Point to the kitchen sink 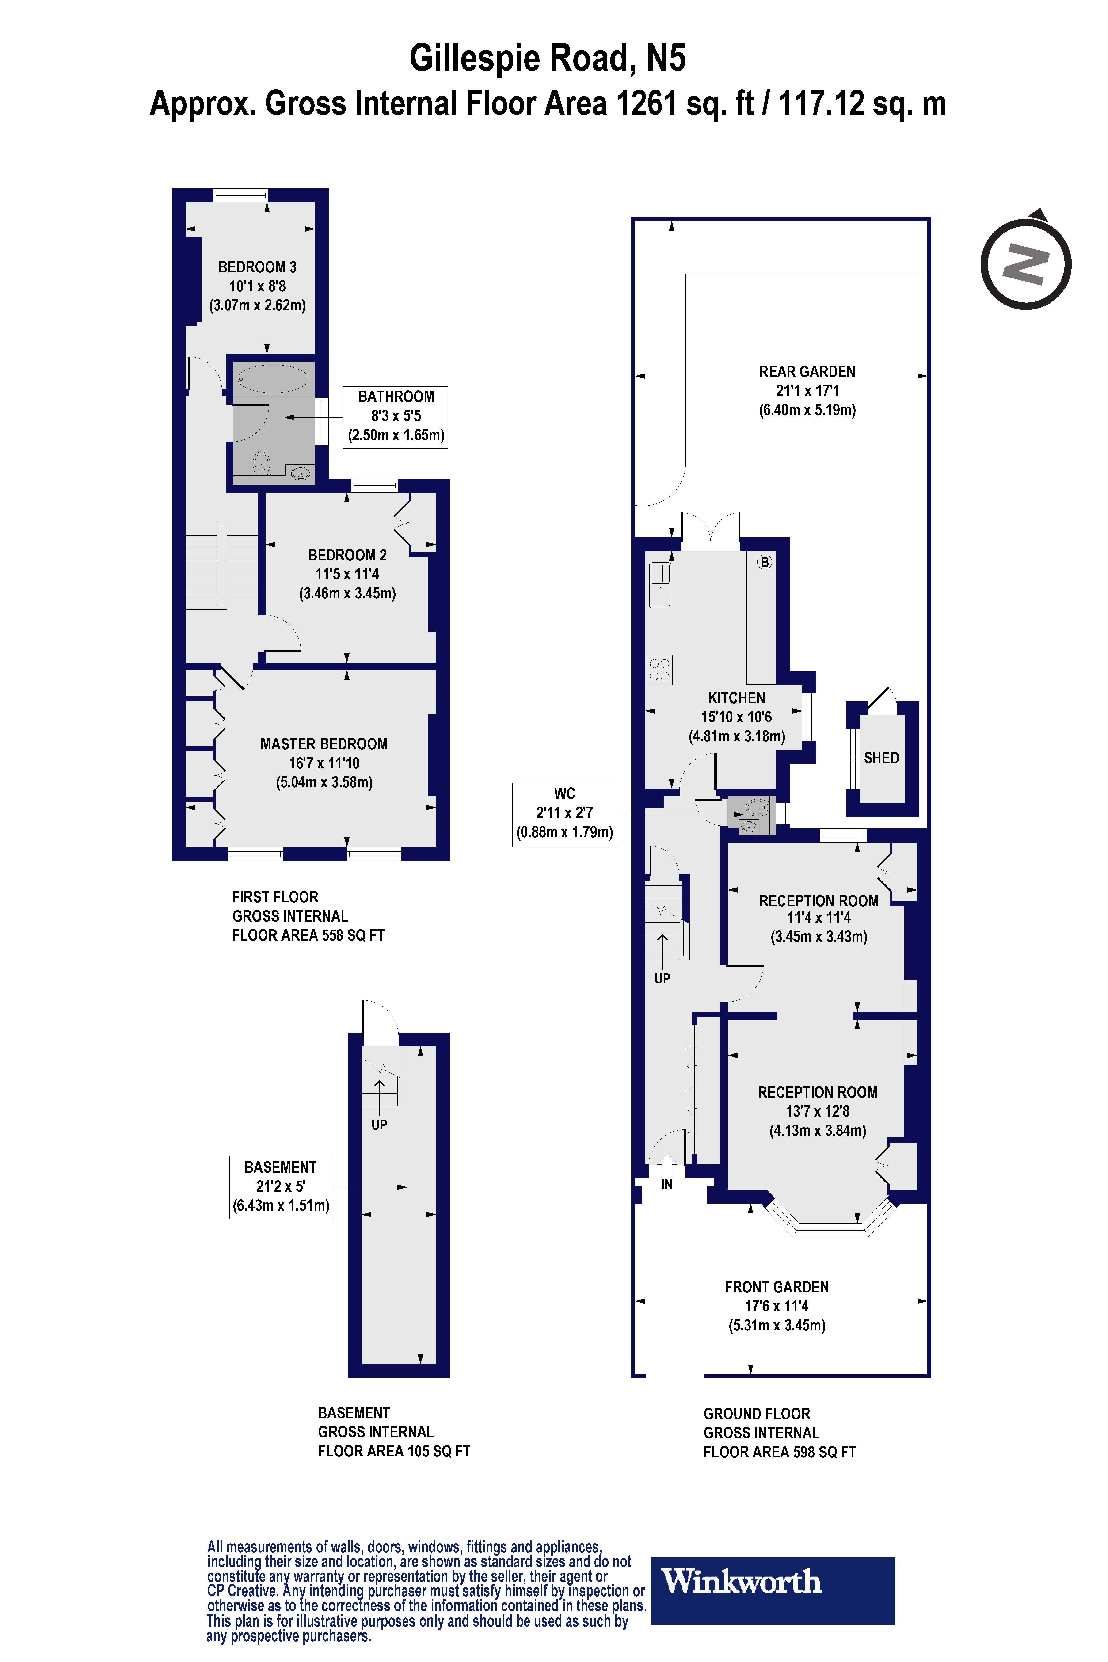click(x=660, y=584)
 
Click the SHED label click(x=881, y=758)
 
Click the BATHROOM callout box click(x=396, y=416)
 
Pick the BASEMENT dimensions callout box click(x=281, y=1186)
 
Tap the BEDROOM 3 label click(x=257, y=267)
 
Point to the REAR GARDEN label click(x=807, y=372)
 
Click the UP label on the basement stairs click(x=380, y=1124)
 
